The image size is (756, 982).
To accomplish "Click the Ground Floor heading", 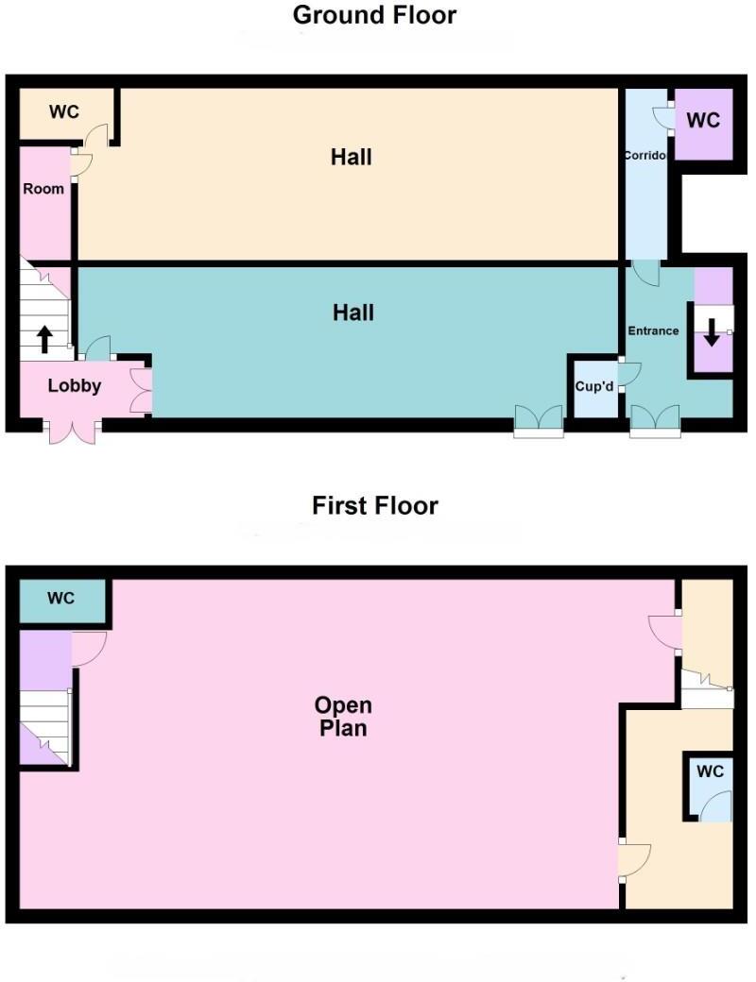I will click(375, 15).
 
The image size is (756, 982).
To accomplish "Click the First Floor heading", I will click(375, 505).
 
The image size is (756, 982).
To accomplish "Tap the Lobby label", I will click(75, 386).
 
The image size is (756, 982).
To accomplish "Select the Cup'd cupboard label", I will click(593, 388).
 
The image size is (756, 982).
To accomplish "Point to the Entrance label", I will click(654, 330).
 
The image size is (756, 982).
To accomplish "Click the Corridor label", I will click(645, 155).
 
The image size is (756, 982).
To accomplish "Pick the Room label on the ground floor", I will click(43, 189).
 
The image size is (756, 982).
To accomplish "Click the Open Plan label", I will click(343, 717).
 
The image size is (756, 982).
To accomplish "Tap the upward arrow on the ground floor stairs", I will click(44, 338).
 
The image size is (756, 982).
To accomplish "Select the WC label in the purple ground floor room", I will click(702, 121).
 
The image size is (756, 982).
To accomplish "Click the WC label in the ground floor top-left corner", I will click(64, 112).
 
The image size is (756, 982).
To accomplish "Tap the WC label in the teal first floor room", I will click(61, 599).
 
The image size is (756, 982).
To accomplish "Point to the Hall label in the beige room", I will click(351, 157).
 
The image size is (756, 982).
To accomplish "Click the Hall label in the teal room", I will click(352, 313).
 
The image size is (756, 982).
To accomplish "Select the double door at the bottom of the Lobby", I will click(74, 429).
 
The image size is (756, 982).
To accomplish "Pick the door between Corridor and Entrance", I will click(646, 273).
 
